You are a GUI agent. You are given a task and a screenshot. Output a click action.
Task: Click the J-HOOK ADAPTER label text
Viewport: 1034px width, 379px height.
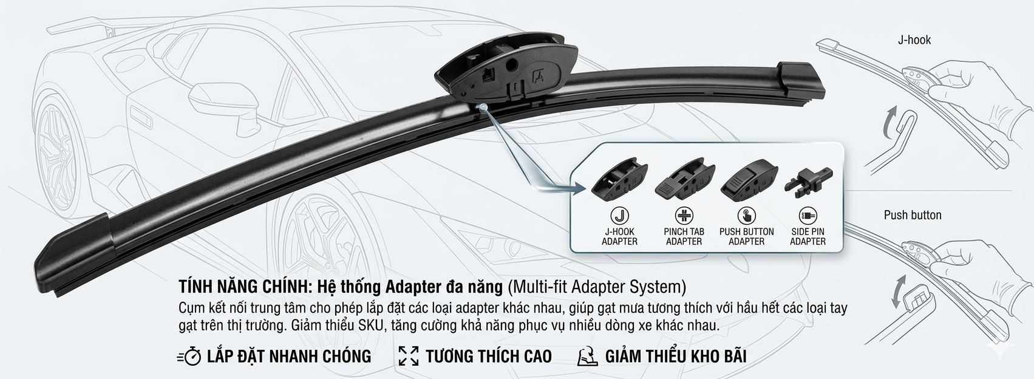pos(619,236)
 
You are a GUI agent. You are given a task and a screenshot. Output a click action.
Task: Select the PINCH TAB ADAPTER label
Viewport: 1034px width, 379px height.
pos(684,236)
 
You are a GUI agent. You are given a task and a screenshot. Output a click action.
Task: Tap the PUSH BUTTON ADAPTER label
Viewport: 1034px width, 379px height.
pos(746,236)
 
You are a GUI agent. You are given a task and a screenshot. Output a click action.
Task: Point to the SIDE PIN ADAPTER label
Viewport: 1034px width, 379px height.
pos(808,236)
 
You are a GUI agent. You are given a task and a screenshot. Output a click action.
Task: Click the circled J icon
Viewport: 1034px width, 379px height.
pos(619,216)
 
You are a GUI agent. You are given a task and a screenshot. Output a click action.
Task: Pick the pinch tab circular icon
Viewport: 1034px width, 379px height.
pos(684,216)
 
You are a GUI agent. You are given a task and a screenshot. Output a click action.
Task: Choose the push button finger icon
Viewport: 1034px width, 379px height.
pos(746,216)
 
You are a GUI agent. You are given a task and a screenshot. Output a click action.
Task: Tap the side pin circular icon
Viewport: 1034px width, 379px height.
pos(808,216)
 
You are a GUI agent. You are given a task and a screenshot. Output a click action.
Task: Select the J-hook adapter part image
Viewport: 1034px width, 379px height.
pos(619,179)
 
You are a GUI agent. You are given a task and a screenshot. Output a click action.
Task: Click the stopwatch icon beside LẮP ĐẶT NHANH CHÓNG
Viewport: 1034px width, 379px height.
pos(189,357)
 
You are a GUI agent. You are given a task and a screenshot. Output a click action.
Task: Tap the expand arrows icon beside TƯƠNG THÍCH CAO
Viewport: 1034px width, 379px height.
pos(409,357)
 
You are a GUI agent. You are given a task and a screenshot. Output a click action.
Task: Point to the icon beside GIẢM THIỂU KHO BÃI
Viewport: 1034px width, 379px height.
pos(588,357)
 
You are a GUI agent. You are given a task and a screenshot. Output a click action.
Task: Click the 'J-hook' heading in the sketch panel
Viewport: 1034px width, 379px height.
pos(914,40)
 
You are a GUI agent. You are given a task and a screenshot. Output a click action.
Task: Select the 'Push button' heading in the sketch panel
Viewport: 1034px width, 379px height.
pos(913,215)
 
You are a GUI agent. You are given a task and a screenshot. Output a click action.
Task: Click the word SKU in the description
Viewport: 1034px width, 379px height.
pos(370,326)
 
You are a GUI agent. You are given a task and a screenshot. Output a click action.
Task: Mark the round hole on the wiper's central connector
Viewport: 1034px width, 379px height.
pos(511,64)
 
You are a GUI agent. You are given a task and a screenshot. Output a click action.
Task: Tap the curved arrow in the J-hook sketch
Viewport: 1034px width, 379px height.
pos(889,122)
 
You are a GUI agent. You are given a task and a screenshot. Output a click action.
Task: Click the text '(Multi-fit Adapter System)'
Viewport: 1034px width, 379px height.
pos(597,287)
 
